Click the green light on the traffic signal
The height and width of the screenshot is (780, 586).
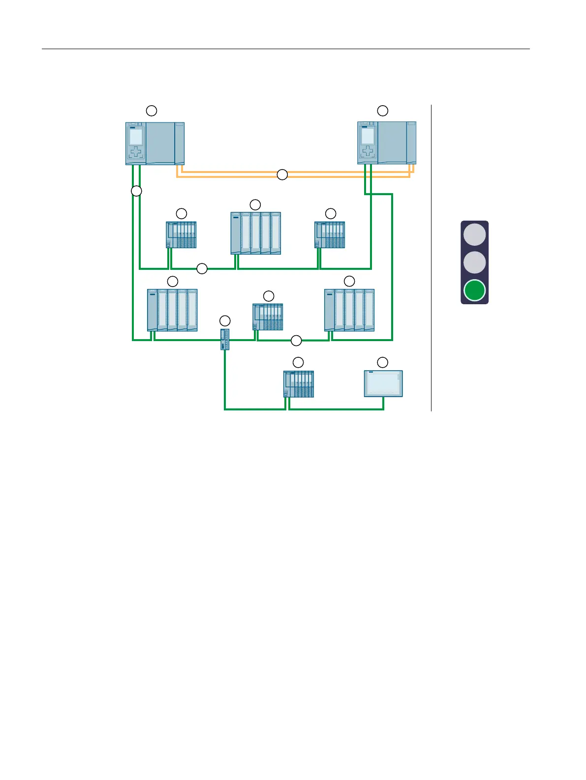[x=474, y=290]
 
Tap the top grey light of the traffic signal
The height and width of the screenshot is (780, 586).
[x=474, y=234]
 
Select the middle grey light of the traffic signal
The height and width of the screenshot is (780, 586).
[x=474, y=262]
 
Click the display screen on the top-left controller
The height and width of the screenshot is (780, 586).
[x=136, y=137]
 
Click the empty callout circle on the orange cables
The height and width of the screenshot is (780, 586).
[x=282, y=174]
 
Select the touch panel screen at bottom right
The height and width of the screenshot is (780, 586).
[x=383, y=383]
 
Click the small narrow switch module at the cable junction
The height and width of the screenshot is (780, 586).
[x=225, y=340]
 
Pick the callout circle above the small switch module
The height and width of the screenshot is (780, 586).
[x=225, y=321]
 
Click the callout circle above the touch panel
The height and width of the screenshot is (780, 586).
[x=382, y=363]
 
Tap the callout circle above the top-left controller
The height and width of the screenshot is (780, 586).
[x=152, y=110]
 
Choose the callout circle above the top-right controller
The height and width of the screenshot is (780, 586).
[x=382, y=110]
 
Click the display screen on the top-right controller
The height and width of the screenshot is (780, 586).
[x=368, y=136]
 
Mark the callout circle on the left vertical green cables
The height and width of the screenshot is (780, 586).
[x=136, y=191]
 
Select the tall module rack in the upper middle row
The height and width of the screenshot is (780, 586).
[x=256, y=233]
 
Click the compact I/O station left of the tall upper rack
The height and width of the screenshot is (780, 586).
[x=181, y=235]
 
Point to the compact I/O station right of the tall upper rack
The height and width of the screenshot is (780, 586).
[x=330, y=235]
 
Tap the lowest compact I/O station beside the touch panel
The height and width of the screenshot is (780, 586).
[x=299, y=384]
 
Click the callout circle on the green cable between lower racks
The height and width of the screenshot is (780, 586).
[x=296, y=340]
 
